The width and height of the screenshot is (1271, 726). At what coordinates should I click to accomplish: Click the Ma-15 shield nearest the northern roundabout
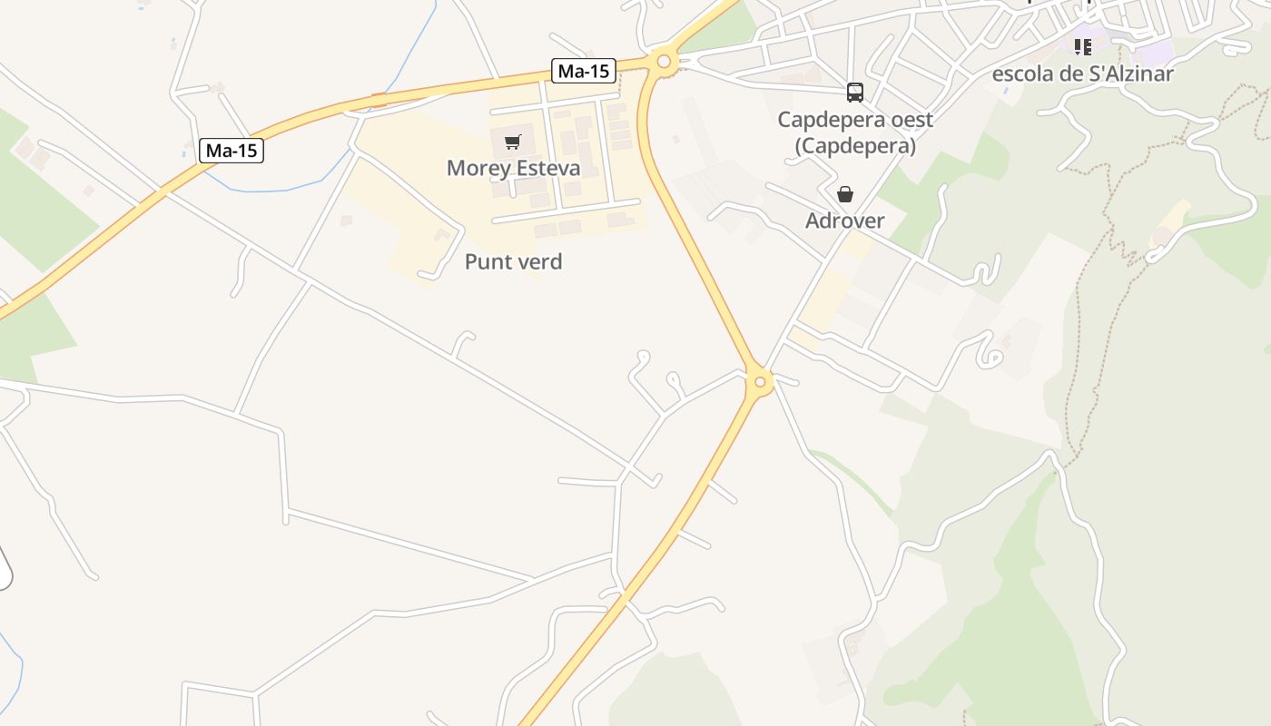pyautogui.click(x=584, y=71)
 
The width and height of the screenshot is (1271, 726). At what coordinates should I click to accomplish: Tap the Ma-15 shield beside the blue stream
pyautogui.click(x=232, y=151)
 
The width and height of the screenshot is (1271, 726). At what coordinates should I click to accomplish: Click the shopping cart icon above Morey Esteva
pyautogui.click(x=513, y=142)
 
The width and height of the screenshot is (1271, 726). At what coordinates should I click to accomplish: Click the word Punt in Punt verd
pyautogui.click(x=484, y=262)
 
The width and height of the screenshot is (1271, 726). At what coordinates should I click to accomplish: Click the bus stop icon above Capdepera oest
pyautogui.click(x=855, y=92)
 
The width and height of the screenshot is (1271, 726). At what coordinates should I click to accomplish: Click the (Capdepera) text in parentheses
pyautogui.click(x=855, y=145)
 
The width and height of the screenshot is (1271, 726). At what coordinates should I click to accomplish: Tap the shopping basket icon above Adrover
pyautogui.click(x=845, y=194)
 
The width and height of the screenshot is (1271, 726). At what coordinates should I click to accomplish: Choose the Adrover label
pyautogui.click(x=845, y=221)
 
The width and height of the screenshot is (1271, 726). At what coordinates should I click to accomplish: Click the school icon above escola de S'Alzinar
pyautogui.click(x=1082, y=46)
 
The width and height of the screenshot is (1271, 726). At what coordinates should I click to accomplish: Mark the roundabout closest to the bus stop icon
pyautogui.click(x=664, y=62)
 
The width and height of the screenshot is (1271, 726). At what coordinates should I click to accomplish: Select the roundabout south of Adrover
pyautogui.click(x=760, y=382)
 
